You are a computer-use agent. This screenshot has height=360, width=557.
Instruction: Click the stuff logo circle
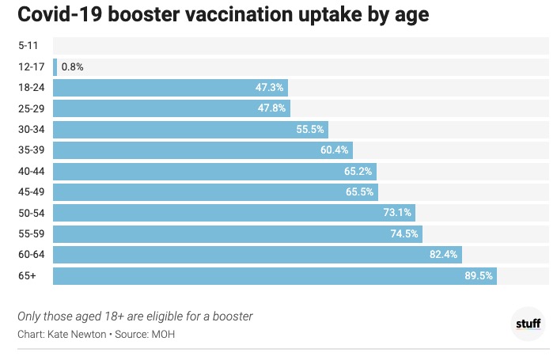click(x=529, y=323)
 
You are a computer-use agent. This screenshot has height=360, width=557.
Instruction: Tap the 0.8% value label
click(x=72, y=67)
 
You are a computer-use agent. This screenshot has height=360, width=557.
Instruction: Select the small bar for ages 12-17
click(x=55, y=67)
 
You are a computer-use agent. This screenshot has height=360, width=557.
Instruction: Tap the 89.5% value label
click(x=478, y=275)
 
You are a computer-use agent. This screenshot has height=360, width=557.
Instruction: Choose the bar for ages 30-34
click(x=190, y=130)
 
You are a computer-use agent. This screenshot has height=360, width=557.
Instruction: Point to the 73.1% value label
click(x=396, y=213)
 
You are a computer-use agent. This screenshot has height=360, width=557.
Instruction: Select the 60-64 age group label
click(x=31, y=254)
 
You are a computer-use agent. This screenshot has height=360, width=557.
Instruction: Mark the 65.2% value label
click(x=358, y=171)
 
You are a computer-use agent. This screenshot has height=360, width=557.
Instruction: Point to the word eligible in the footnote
click(x=169, y=316)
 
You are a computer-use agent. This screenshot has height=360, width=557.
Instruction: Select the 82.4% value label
click(x=442, y=254)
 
